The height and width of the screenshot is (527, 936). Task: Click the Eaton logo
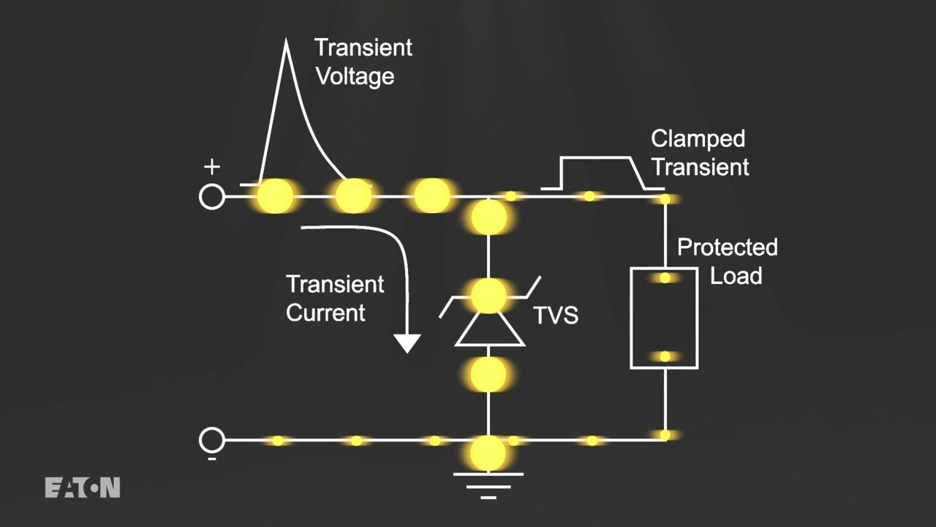click(82, 487)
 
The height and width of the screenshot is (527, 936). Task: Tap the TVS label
click(556, 315)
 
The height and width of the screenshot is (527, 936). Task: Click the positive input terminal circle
click(212, 197)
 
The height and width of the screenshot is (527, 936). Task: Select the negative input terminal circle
click(212, 440)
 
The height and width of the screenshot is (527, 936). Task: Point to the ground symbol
click(488, 485)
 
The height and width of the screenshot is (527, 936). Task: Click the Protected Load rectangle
click(664, 318)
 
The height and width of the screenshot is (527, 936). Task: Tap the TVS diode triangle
click(489, 329)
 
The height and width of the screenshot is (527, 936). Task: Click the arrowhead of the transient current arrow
click(407, 343)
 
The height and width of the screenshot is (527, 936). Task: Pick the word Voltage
click(355, 76)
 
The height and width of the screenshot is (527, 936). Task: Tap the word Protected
click(727, 247)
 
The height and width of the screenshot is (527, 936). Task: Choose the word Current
click(325, 313)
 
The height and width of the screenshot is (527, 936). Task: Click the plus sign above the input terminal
click(211, 167)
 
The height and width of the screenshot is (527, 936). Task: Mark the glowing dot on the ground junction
click(488, 452)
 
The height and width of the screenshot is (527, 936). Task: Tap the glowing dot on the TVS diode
click(488, 296)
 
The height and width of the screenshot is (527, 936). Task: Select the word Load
click(736, 276)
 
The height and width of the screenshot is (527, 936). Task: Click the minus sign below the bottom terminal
click(211, 459)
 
